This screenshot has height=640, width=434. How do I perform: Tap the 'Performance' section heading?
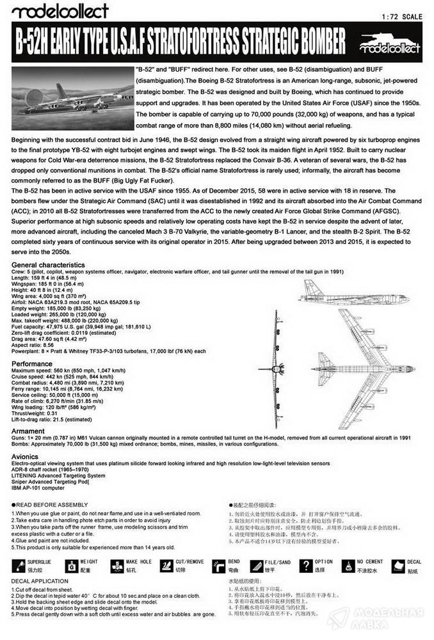[x=32, y=364]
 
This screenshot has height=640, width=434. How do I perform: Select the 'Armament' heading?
[x=29, y=431]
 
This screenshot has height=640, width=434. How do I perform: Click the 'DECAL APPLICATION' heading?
[x=40, y=581]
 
